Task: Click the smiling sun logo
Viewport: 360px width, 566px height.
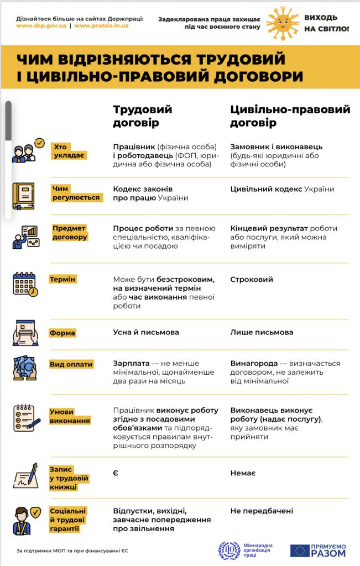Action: pos(283,23)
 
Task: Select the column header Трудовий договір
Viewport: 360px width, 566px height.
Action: pos(143,116)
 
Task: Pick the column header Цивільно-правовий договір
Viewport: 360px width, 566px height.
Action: pos(290,116)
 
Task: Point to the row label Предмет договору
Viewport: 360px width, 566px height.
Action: pos(70,233)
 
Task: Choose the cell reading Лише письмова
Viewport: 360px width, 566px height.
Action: pos(262,332)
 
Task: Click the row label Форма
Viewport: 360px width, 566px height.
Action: pos(62,333)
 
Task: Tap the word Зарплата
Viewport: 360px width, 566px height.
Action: pos(132,363)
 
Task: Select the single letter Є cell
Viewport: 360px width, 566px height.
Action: pos(116,473)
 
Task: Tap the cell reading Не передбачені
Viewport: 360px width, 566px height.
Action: pos(262,511)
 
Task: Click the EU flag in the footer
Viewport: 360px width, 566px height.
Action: pos(300,550)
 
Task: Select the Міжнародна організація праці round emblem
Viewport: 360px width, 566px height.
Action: pos(228,550)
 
